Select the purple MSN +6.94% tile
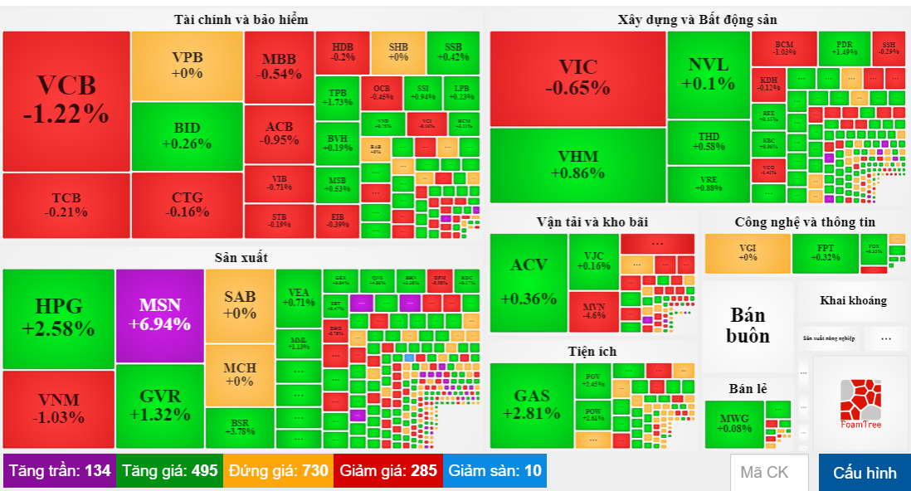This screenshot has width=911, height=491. pyautogui.click(x=160, y=315)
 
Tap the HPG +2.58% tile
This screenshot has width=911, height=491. pyautogui.click(x=58, y=318)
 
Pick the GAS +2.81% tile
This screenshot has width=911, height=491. pyautogui.click(x=531, y=405)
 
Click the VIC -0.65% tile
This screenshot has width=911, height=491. pyautogui.click(x=577, y=78)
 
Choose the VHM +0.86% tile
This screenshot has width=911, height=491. pyautogui.click(x=577, y=165)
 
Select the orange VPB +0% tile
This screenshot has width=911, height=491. pyautogui.click(x=187, y=66)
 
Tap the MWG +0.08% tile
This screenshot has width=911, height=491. pyautogui.click(x=733, y=423)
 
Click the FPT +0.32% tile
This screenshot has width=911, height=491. pyautogui.click(x=825, y=253)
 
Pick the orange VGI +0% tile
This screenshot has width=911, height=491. pyautogui.click(x=747, y=253)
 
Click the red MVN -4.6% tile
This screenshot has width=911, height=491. pyautogui.click(x=593, y=312)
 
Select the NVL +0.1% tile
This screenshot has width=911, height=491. pyautogui.click(x=708, y=75)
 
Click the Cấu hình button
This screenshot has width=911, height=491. pyautogui.click(x=865, y=473)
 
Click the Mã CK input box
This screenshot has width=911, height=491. pyautogui.click(x=769, y=473)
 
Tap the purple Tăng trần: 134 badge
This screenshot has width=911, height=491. pyautogui.click(x=59, y=471)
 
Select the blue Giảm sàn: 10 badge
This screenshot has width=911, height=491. pyautogui.click(x=494, y=471)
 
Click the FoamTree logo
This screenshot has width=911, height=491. pyautogui.click(x=860, y=404)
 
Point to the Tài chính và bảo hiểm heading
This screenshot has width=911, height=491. pyautogui.click(x=241, y=19)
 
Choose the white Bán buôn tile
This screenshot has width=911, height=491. pyautogui.click(x=748, y=326)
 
